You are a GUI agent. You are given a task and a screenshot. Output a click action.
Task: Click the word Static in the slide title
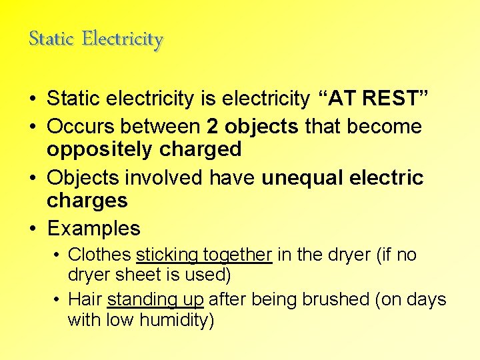point(51,39)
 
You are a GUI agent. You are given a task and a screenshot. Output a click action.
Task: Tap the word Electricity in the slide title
point(123,39)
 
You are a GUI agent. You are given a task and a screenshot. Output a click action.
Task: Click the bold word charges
point(87,201)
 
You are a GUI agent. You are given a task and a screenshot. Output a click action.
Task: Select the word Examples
point(93,229)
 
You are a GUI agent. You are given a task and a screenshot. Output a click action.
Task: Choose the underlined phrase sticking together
point(204,255)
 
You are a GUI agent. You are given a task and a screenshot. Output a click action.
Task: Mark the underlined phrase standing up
point(155,299)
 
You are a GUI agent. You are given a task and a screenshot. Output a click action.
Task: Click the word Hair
point(85,299)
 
